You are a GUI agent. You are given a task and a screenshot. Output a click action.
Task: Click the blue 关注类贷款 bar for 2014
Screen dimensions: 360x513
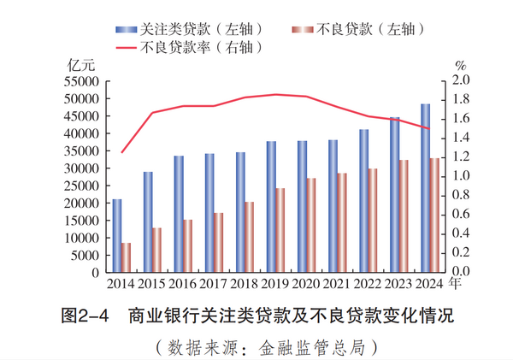click(117, 236)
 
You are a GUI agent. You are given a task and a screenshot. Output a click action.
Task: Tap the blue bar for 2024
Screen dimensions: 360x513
click(425, 188)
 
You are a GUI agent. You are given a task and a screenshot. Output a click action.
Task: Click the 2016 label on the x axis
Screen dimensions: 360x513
click(182, 284)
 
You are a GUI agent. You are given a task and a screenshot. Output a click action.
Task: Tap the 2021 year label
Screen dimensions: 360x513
click(336, 284)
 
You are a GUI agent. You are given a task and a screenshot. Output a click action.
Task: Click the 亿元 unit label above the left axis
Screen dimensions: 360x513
click(80, 64)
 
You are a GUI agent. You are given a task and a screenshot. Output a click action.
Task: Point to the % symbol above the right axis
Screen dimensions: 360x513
click(461, 64)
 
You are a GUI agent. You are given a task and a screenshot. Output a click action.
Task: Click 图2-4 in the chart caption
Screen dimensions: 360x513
click(86, 316)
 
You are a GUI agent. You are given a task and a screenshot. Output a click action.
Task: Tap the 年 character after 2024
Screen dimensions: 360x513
click(457, 283)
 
